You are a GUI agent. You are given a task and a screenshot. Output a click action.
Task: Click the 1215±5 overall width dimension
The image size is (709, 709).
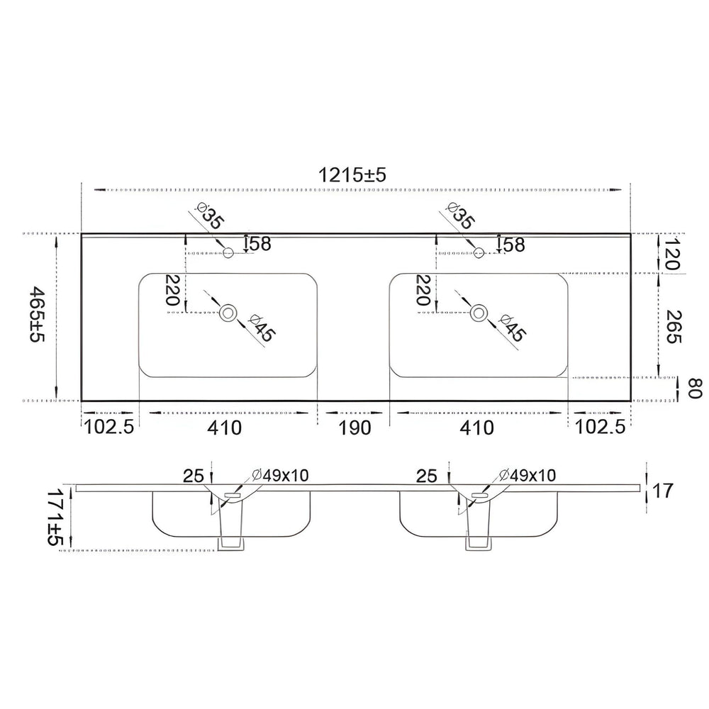pyautogui.click(x=352, y=174)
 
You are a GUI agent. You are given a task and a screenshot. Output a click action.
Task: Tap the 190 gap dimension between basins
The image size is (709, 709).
pyautogui.click(x=354, y=428)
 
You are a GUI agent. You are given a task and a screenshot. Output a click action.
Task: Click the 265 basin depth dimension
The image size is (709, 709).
pyautogui.click(x=674, y=326)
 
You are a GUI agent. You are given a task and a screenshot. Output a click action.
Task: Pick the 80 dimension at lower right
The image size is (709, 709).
pyautogui.click(x=693, y=389)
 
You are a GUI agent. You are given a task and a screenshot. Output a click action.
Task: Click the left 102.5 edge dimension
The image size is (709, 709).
pyautogui.click(x=109, y=427)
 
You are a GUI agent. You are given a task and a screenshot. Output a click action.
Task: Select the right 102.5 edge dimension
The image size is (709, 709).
pyautogui.click(x=600, y=427)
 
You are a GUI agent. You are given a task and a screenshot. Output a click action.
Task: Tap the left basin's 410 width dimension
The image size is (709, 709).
pyautogui.click(x=225, y=428)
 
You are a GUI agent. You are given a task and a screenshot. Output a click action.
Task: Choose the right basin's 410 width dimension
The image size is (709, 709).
pyautogui.click(x=477, y=428)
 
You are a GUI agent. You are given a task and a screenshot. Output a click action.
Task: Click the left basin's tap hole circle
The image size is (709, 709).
pyautogui.click(x=228, y=252)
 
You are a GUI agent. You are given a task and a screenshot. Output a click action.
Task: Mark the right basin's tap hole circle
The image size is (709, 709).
pyautogui.click(x=479, y=252)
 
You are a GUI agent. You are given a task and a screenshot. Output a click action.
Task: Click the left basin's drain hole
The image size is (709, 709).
pyautogui.click(x=228, y=312)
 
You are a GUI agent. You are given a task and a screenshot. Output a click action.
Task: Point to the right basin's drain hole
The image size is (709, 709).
pyautogui.click(x=479, y=312)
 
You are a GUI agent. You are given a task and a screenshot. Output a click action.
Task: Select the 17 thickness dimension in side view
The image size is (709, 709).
pyautogui.click(x=663, y=490)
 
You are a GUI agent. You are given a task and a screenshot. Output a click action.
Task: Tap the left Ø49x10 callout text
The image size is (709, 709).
pyautogui.click(x=280, y=475)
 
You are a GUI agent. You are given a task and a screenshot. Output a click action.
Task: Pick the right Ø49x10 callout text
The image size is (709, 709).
pyautogui.click(x=527, y=475)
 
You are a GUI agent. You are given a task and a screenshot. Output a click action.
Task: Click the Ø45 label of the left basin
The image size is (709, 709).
pyautogui.click(x=260, y=328)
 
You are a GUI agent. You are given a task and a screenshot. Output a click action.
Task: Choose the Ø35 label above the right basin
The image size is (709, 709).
pyautogui.click(x=460, y=216)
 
